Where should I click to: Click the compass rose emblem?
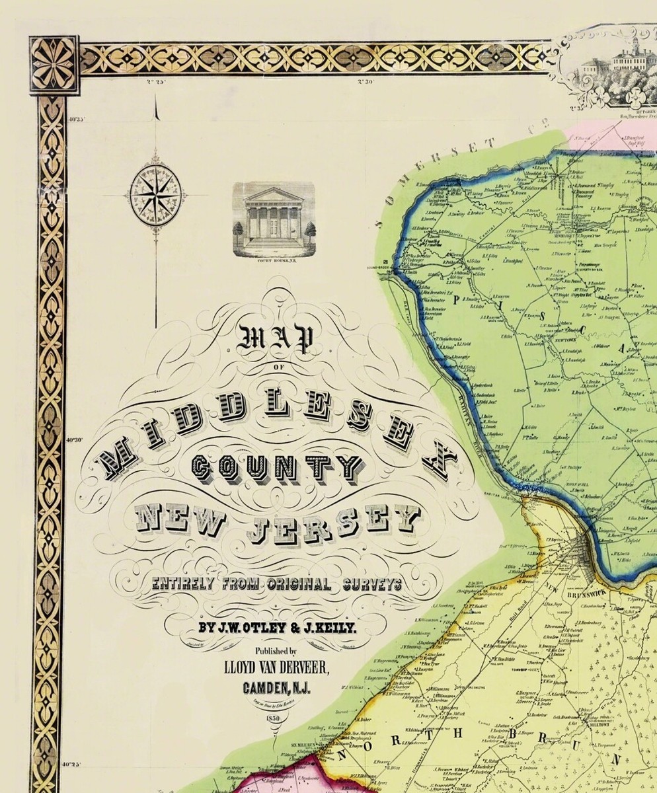[x=157, y=193]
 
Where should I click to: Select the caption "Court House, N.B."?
[x=273, y=261]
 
